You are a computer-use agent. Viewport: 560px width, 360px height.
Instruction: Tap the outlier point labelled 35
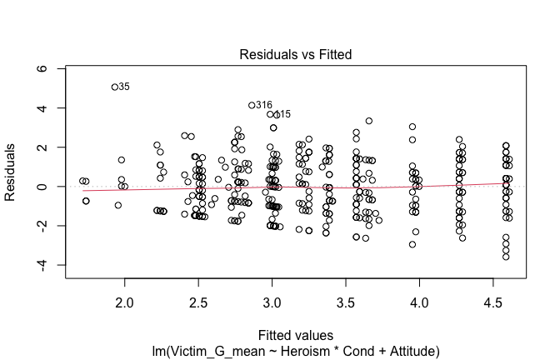pos(114,86)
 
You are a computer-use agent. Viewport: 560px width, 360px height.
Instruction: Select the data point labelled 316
pos(252,105)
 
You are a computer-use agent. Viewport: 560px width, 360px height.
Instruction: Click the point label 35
pos(124,87)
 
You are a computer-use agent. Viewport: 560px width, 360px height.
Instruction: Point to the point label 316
pos(264,105)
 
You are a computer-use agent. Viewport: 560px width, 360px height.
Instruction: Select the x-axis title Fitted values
pos(295,332)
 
